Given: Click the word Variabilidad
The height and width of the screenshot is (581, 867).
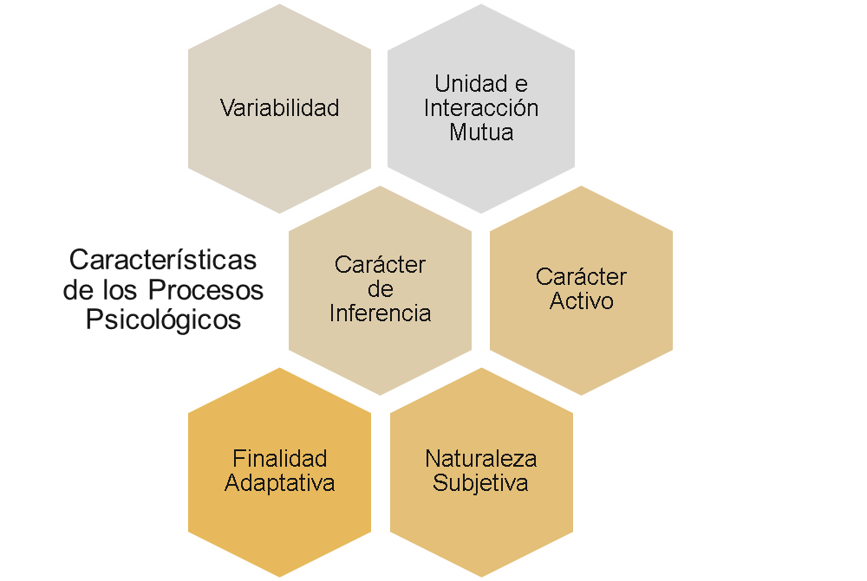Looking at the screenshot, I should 279,108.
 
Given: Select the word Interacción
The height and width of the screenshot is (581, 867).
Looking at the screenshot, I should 480,108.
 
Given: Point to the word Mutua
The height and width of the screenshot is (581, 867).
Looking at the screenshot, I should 480,132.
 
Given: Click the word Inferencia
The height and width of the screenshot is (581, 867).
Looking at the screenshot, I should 380,313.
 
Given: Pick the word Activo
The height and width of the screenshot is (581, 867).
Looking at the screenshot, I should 581,301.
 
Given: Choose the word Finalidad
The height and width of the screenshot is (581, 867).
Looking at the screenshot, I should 279,458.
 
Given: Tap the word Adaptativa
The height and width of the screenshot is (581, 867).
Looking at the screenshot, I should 279,482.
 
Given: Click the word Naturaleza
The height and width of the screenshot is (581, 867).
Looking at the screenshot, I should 480,458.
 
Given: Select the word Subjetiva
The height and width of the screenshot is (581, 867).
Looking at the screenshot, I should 480,482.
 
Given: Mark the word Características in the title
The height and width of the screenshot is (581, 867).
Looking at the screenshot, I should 163,259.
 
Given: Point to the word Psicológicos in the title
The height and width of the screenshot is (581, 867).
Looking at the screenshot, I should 163,320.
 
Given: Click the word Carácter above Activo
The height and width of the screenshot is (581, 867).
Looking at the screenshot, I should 581,277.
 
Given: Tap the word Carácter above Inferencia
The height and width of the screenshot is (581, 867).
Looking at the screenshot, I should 380,265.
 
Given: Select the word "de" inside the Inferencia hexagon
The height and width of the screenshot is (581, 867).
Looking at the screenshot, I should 380,288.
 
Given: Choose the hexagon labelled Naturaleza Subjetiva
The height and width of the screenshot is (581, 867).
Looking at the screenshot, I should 480,520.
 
